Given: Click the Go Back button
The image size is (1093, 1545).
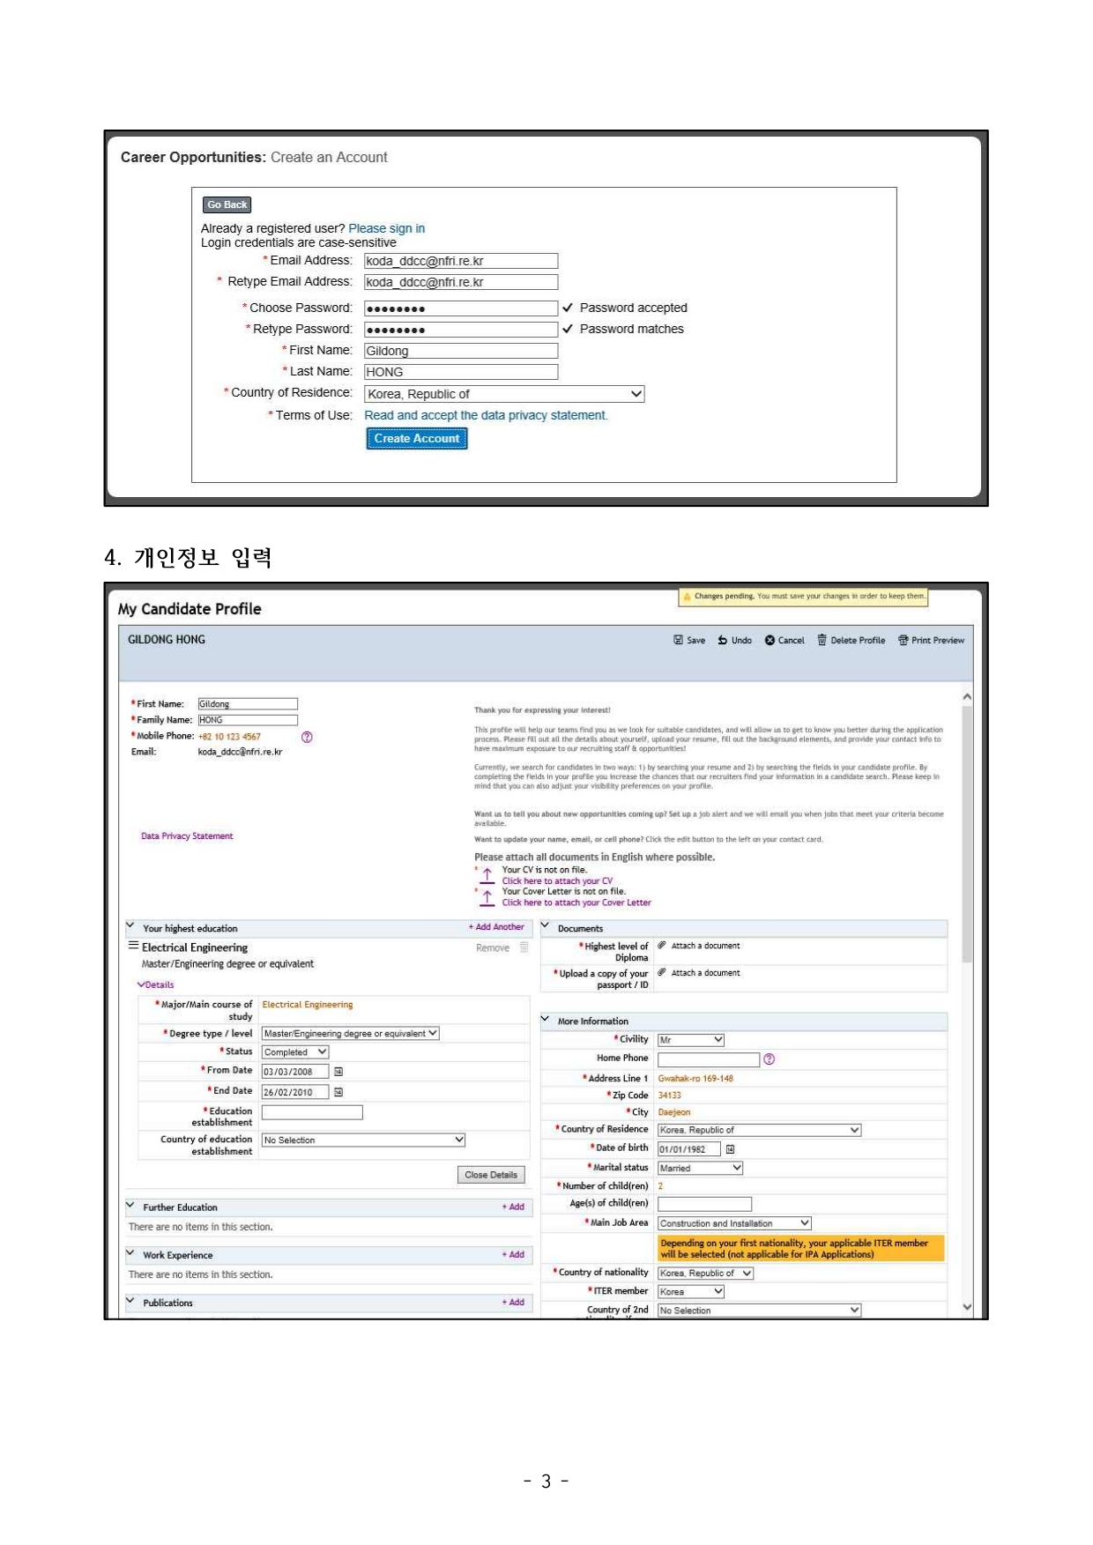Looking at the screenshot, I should pos(227,204).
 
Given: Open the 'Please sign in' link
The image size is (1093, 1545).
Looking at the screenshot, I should pos(386,228).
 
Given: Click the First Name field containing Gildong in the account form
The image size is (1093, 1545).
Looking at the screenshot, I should pos(460,351).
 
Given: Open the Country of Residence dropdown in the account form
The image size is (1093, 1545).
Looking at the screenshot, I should pos(503,394).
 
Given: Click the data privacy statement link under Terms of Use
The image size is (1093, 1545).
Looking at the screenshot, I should pos(486,415).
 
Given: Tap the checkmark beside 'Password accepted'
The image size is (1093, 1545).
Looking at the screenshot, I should pos(568,308).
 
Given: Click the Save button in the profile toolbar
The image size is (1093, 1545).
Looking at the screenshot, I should pos(689,641).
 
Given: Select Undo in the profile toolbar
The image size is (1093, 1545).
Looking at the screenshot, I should pos(734,641).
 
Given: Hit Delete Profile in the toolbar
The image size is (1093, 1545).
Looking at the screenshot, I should pos(851,641).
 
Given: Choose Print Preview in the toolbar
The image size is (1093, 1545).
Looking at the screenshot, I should pos(931,641).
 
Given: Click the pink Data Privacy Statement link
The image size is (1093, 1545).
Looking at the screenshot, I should pos(187,836).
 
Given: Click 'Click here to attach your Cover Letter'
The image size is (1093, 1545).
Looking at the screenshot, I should pos(576,902).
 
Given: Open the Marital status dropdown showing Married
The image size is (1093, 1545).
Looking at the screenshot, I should pos(700,1168).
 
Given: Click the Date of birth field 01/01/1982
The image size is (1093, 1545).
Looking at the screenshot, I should pos(688,1149).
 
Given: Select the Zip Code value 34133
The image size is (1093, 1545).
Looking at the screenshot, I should pos(669,1096).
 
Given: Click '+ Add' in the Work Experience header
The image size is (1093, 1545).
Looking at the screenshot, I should pos(513,1254).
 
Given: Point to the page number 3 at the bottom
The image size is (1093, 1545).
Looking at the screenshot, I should pos(546,1482).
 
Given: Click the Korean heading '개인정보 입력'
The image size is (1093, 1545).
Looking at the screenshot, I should pos(203,558).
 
